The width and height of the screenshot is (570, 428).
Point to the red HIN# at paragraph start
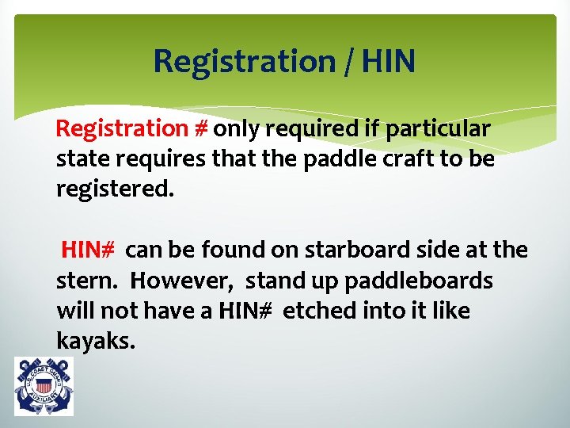(x=90, y=250)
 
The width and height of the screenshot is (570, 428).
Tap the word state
(x=80, y=159)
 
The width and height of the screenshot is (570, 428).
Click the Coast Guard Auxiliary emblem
(x=44, y=386)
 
